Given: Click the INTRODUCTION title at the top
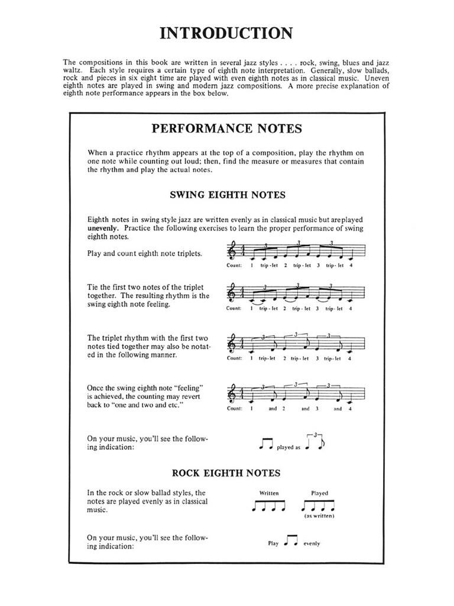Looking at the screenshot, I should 226,33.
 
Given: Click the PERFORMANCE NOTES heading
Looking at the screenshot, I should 226,128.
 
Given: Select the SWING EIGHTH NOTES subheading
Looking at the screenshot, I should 228,194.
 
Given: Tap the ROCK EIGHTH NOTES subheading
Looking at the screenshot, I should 226,473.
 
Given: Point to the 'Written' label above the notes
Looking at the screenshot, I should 269,493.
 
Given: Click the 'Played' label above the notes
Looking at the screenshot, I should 319,493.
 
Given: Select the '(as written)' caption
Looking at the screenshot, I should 319,517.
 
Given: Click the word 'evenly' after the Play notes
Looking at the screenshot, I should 312,544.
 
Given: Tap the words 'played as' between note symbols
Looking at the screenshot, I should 288,447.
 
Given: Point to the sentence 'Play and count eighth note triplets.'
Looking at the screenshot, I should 144,253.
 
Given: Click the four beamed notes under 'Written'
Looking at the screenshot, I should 269,505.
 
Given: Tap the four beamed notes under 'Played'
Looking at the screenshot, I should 319,505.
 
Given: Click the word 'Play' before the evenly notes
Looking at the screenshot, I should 273,544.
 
